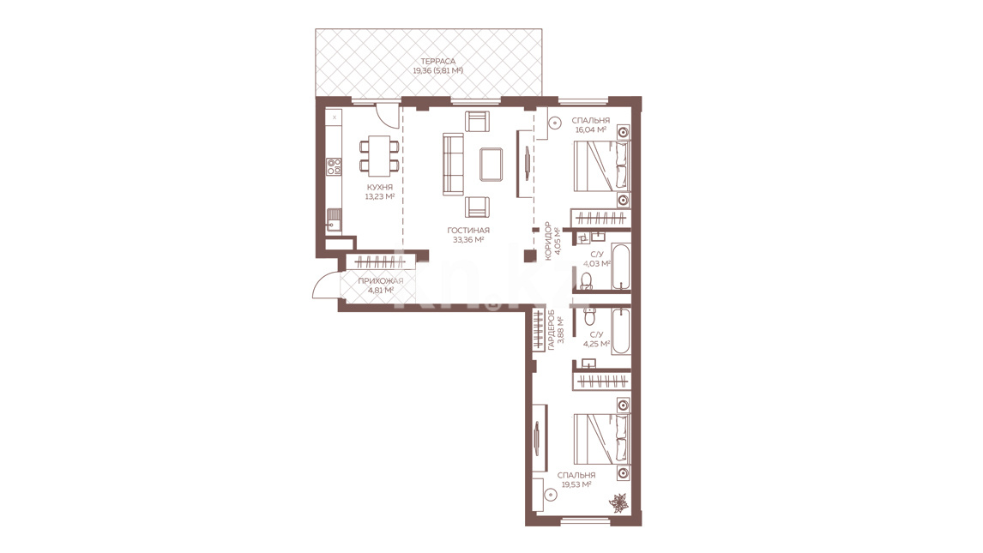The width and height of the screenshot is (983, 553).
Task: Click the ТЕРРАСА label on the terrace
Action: click(x=437, y=62)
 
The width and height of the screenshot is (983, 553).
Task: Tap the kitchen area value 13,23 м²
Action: click(x=379, y=196)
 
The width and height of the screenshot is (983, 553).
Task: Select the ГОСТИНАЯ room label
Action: click(x=468, y=231)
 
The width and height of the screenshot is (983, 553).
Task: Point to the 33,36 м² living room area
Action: click(x=467, y=239)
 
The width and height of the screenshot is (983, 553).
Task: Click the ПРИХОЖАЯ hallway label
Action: click(x=381, y=281)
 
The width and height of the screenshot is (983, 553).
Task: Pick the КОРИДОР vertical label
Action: click(x=548, y=240)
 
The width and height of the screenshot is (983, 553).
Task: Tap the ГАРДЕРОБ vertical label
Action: click(x=551, y=329)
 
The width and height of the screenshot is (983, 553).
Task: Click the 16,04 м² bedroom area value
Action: click(x=590, y=129)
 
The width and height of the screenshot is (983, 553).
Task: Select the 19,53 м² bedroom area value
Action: click(x=576, y=484)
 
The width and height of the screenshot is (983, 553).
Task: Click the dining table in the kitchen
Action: click(x=379, y=156)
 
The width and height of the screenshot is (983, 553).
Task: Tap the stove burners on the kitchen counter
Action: click(x=334, y=166)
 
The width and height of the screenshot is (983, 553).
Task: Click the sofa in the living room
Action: click(x=453, y=164)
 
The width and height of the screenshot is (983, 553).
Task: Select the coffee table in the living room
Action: click(x=491, y=164)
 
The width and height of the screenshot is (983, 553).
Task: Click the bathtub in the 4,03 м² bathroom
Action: click(x=621, y=266)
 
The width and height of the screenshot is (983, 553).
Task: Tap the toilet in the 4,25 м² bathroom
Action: click(x=590, y=318)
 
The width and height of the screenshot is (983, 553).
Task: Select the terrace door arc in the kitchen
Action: click(x=388, y=115)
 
